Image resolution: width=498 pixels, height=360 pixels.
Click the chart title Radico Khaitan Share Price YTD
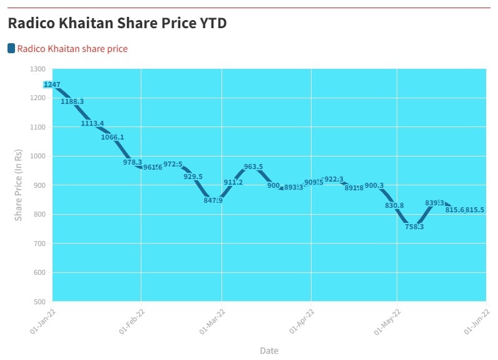pos(117,23)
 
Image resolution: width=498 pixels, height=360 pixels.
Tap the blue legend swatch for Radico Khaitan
pos(11,48)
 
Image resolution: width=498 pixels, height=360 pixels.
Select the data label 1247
pos(52,85)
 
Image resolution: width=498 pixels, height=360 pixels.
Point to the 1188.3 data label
pos(72,101)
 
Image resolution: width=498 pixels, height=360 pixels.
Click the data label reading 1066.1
pos(112,137)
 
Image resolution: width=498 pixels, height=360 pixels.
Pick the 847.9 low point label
pos(213,200)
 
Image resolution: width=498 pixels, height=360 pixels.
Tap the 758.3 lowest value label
pos(414,227)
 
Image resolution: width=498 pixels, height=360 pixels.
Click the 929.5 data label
pos(193,177)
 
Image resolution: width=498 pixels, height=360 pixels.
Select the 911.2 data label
pos(233,182)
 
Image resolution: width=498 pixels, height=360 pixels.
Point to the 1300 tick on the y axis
pos(37,69)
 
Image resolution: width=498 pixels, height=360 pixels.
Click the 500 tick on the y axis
pos(39,301)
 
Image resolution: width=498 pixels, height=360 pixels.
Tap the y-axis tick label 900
pos(39,185)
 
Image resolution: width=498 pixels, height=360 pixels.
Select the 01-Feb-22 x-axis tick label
pos(132,321)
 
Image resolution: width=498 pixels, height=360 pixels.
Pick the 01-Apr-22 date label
pos(303,321)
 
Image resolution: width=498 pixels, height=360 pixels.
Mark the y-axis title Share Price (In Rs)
pos(19,185)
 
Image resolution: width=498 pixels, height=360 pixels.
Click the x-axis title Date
pos(269,351)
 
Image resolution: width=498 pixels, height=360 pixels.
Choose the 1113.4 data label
pos(92,123)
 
